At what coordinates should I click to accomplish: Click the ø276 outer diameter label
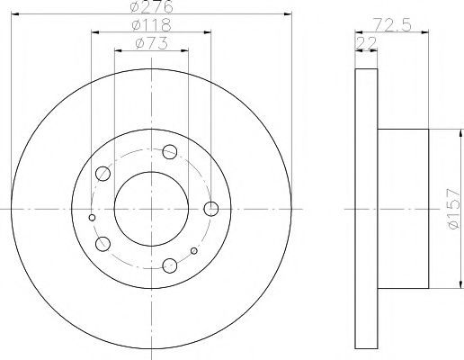[x=152, y=6]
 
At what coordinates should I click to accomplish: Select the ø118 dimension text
[x=152, y=25]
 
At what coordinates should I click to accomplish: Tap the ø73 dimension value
[x=151, y=43]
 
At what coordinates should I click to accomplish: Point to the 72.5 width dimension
[x=392, y=25]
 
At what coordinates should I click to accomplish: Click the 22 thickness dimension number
[x=366, y=43]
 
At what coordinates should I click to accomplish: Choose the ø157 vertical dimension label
[x=453, y=209]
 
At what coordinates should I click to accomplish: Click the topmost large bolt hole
[x=170, y=152]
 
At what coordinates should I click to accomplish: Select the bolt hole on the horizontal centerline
[x=211, y=209]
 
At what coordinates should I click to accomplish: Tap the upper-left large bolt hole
[x=103, y=174]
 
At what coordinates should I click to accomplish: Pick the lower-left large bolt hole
[x=103, y=244]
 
